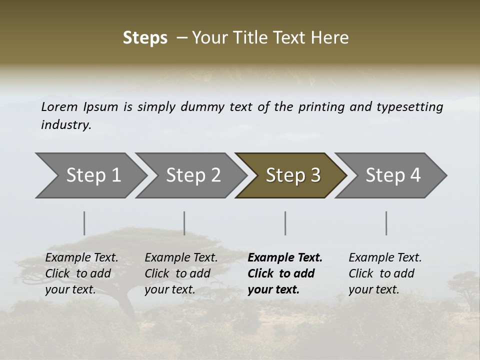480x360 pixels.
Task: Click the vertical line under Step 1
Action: click(x=84, y=223)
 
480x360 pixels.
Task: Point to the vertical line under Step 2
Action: click(x=184, y=223)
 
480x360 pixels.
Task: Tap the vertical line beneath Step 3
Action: click(x=285, y=223)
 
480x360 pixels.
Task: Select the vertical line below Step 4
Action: click(x=386, y=223)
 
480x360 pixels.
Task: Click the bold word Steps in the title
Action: click(x=145, y=38)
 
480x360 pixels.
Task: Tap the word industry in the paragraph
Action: click(x=65, y=125)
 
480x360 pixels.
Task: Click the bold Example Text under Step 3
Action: click(x=285, y=258)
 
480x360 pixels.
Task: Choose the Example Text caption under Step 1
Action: click(x=81, y=258)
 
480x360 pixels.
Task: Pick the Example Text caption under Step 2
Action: click(x=181, y=258)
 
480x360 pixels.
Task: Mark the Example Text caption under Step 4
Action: click(x=385, y=258)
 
